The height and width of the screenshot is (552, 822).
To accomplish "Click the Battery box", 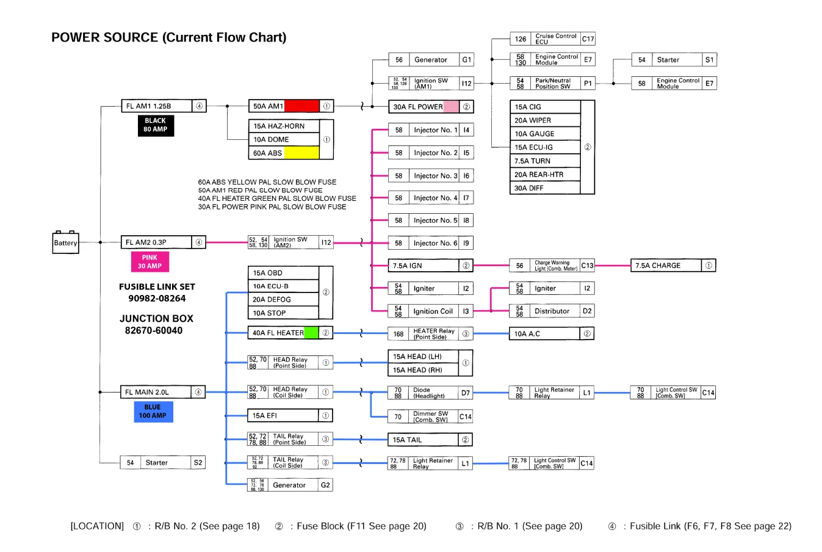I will click(65, 242).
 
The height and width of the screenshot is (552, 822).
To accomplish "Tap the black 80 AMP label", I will click(156, 125).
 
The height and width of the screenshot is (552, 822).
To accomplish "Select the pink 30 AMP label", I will click(150, 262).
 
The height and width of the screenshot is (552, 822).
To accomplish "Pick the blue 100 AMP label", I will click(153, 412).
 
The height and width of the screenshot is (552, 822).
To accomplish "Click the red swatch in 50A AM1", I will click(301, 106).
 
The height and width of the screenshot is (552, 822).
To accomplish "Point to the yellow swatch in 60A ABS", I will click(301, 153).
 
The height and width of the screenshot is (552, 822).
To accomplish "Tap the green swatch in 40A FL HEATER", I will click(311, 333).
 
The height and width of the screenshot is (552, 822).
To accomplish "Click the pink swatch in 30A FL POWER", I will click(451, 106).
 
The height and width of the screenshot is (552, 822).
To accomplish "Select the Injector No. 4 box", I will click(431, 198).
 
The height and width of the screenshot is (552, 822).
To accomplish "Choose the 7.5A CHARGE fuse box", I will click(672, 266).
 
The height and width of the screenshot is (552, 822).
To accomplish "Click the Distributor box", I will click(551, 311).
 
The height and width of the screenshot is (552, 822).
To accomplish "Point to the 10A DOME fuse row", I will click(284, 139).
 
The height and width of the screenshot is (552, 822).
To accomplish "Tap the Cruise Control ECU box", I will click(552, 39).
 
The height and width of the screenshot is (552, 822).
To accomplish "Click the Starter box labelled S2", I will click(162, 463).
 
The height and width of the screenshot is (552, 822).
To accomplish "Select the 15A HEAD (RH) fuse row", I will click(423, 370).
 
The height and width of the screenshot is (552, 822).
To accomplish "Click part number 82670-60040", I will click(154, 330).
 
